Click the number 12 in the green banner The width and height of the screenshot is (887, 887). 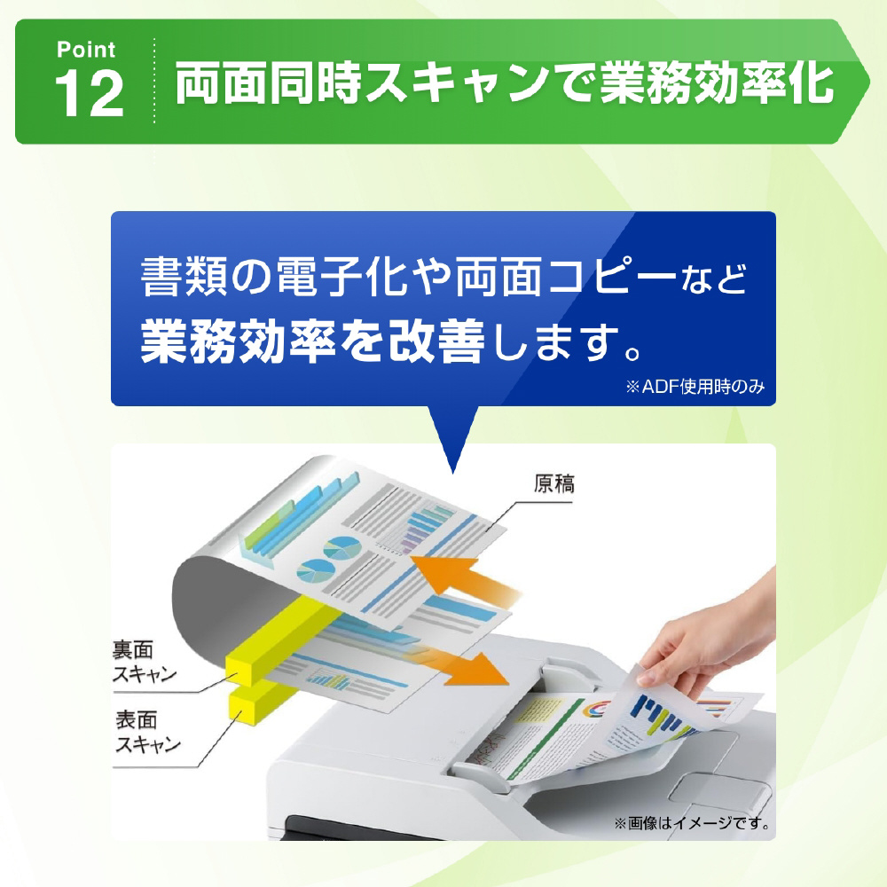tap(90, 94)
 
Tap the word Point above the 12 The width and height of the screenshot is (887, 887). tap(86, 50)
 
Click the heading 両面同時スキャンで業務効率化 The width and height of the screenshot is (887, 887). tap(504, 83)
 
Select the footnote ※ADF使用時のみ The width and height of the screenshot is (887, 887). tap(695, 387)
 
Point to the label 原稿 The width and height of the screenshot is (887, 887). tap(553, 484)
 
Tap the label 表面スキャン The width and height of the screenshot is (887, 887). tap(147, 732)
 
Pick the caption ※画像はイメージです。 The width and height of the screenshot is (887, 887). tap(692, 823)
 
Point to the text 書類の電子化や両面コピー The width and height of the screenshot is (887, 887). tap(408, 277)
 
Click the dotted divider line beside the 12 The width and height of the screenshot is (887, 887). tap(153, 81)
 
